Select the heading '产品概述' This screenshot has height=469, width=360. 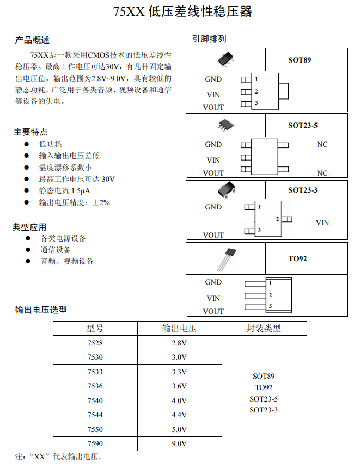point(32,40)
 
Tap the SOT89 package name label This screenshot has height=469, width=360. point(300,60)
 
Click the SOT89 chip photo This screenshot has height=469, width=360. point(226,59)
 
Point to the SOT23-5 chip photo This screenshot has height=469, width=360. point(226,125)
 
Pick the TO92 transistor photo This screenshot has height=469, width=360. point(226,258)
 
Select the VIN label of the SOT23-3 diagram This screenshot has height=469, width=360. point(322,223)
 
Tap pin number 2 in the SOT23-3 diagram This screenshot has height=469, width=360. point(278,219)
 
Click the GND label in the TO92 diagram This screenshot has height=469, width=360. point(213,282)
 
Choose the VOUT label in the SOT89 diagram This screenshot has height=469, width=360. point(213,107)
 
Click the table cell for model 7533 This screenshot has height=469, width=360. point(95,372)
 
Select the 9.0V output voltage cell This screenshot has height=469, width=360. point(179,443)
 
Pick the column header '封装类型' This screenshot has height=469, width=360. point(264,328)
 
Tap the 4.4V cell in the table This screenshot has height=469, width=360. point(179,415)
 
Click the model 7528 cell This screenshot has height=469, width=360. point(95,343)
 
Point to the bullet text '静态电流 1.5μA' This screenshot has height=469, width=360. point(64,191)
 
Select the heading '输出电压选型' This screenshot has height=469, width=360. point(41,310)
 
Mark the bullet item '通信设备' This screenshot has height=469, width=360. point(56,250)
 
